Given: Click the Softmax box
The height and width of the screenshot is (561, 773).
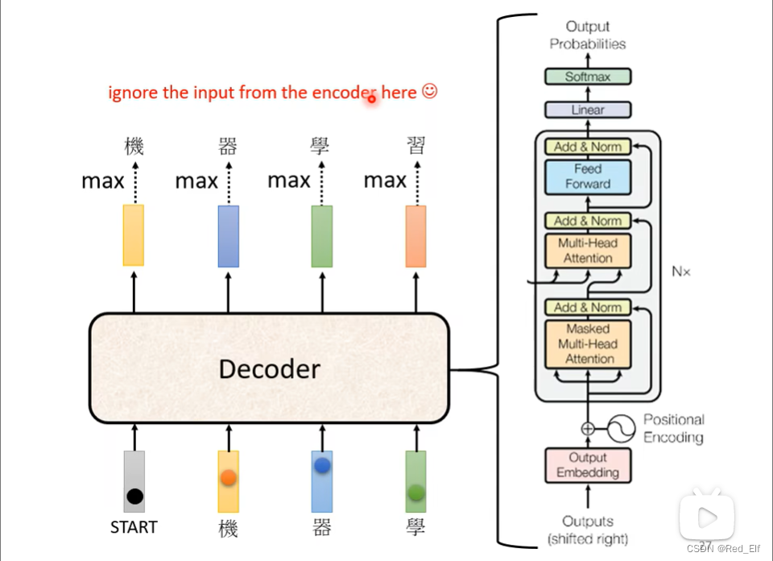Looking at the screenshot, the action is click(588, 77).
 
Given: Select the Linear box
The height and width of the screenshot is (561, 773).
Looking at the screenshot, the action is click(588, 110).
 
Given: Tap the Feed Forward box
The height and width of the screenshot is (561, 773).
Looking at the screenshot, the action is click(588, 177).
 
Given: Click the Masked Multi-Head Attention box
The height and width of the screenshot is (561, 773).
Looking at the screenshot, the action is click(588, 344).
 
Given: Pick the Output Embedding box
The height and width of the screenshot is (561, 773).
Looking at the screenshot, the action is click(588, 465).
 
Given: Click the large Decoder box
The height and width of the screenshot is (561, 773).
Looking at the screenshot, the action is click(269, 368).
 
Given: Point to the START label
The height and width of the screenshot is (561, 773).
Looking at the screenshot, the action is click(134, 527).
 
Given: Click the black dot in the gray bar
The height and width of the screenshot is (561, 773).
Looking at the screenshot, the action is click(134, 496).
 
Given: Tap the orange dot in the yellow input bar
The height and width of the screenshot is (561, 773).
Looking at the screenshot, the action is click(228, 478).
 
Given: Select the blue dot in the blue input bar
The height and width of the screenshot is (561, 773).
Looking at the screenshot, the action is click(322, 465).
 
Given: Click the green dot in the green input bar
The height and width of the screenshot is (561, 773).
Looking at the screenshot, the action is click(416, 492).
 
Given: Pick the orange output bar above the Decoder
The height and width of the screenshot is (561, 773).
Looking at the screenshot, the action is click(415, 236).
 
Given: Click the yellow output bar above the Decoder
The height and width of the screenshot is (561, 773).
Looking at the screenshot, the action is click(134, 235).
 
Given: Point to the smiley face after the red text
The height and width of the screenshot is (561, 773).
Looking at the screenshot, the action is click(429, 91).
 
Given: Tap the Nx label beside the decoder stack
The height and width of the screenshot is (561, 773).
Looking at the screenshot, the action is click(681, 272).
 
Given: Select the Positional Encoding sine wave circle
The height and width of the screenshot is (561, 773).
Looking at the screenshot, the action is click(621, 429).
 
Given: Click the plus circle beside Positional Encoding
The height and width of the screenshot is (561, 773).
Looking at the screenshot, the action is click(588, 429).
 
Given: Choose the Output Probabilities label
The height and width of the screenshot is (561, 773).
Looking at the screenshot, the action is click(588, 35).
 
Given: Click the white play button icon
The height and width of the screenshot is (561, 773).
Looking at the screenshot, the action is click(708, 517).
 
